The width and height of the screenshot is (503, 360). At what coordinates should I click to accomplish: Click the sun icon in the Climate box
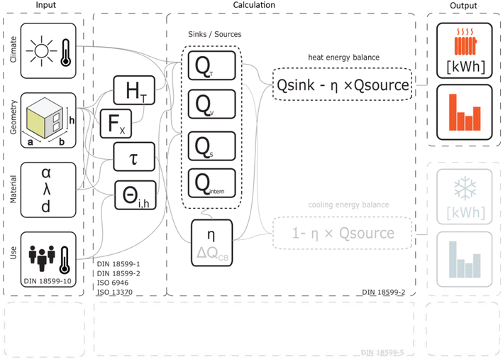coord(40,50)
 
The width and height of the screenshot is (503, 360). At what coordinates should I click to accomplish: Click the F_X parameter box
coord(116,124)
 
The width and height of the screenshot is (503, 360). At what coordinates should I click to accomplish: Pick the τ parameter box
coord(134,157)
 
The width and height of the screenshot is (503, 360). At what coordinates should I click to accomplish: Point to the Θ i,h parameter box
coord(134,195)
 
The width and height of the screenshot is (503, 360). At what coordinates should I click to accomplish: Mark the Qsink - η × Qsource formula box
coord(343,85)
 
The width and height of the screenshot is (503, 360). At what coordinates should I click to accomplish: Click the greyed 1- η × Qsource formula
coord(343,232)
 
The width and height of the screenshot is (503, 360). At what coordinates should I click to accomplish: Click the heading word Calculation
coord(254,5)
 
